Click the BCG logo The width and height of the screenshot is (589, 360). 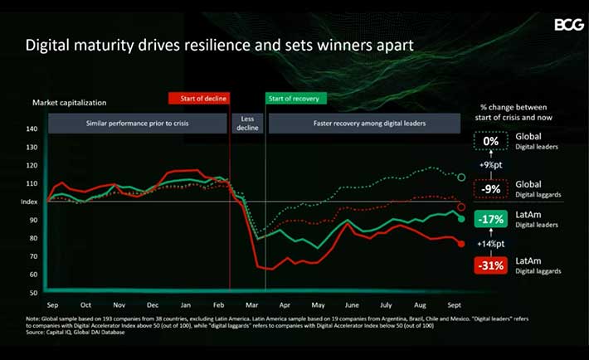(x=569, y=24)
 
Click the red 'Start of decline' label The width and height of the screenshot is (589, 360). (x=199, y=99)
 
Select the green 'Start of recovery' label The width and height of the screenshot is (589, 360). (x=296, y=99)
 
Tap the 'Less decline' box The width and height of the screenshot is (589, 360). (x=246, y=123)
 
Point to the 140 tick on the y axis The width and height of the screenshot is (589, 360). (x=32, y=129)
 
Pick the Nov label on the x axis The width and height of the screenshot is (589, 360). (x=119, y=305)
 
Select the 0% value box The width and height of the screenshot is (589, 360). (x=492, y=141)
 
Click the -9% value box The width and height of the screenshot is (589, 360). (x=492, y=189)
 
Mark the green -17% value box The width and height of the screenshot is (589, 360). (x=492, y=220)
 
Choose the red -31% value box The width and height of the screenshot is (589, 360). (x=492, y=266)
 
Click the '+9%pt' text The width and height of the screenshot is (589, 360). (x=492, y=165)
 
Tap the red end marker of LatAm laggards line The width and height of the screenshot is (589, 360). (x=461, y=244)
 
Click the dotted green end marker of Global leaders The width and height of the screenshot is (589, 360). (x=461, y=177)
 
